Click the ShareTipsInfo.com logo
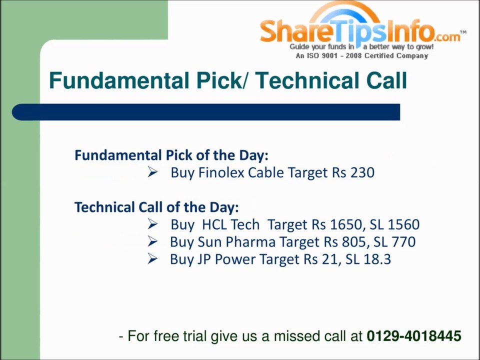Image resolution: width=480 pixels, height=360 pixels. (x=360, y=31)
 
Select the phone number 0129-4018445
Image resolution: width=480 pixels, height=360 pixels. (x=413, y=336)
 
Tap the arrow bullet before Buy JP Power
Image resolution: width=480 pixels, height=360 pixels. (x=153, y=259)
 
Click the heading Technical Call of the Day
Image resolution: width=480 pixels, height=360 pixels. (x=156, y=207)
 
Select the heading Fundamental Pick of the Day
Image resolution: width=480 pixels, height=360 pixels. (x=171, y=155)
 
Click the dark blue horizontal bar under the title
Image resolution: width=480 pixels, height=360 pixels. (x=205, y=112)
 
